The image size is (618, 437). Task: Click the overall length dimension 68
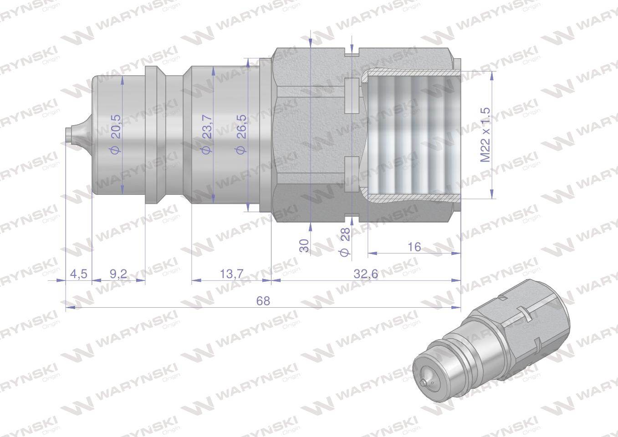coord(263,301)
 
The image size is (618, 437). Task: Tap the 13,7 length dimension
coord(231,274)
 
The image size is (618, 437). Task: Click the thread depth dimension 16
coord(414,247)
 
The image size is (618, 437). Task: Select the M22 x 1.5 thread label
coord(485,135)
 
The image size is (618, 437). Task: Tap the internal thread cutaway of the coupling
coord(410,135)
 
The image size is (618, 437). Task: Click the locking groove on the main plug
coord(174,135)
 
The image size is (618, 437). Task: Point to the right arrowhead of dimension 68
coord(457,308)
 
